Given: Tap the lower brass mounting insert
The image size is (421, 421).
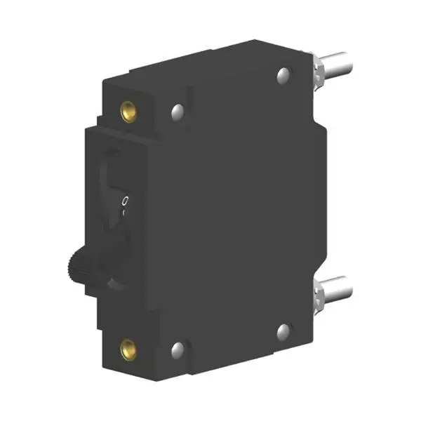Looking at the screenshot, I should click(x=128, y=345).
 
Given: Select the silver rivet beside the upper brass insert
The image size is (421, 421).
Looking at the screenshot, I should click(x=176, y=110).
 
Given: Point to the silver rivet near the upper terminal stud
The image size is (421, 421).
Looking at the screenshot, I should click(x=283, y=73).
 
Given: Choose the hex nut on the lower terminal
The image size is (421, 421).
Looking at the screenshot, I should click(x=317, y=293).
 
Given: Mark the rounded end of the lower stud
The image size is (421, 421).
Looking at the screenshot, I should click(x=346, y=286).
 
